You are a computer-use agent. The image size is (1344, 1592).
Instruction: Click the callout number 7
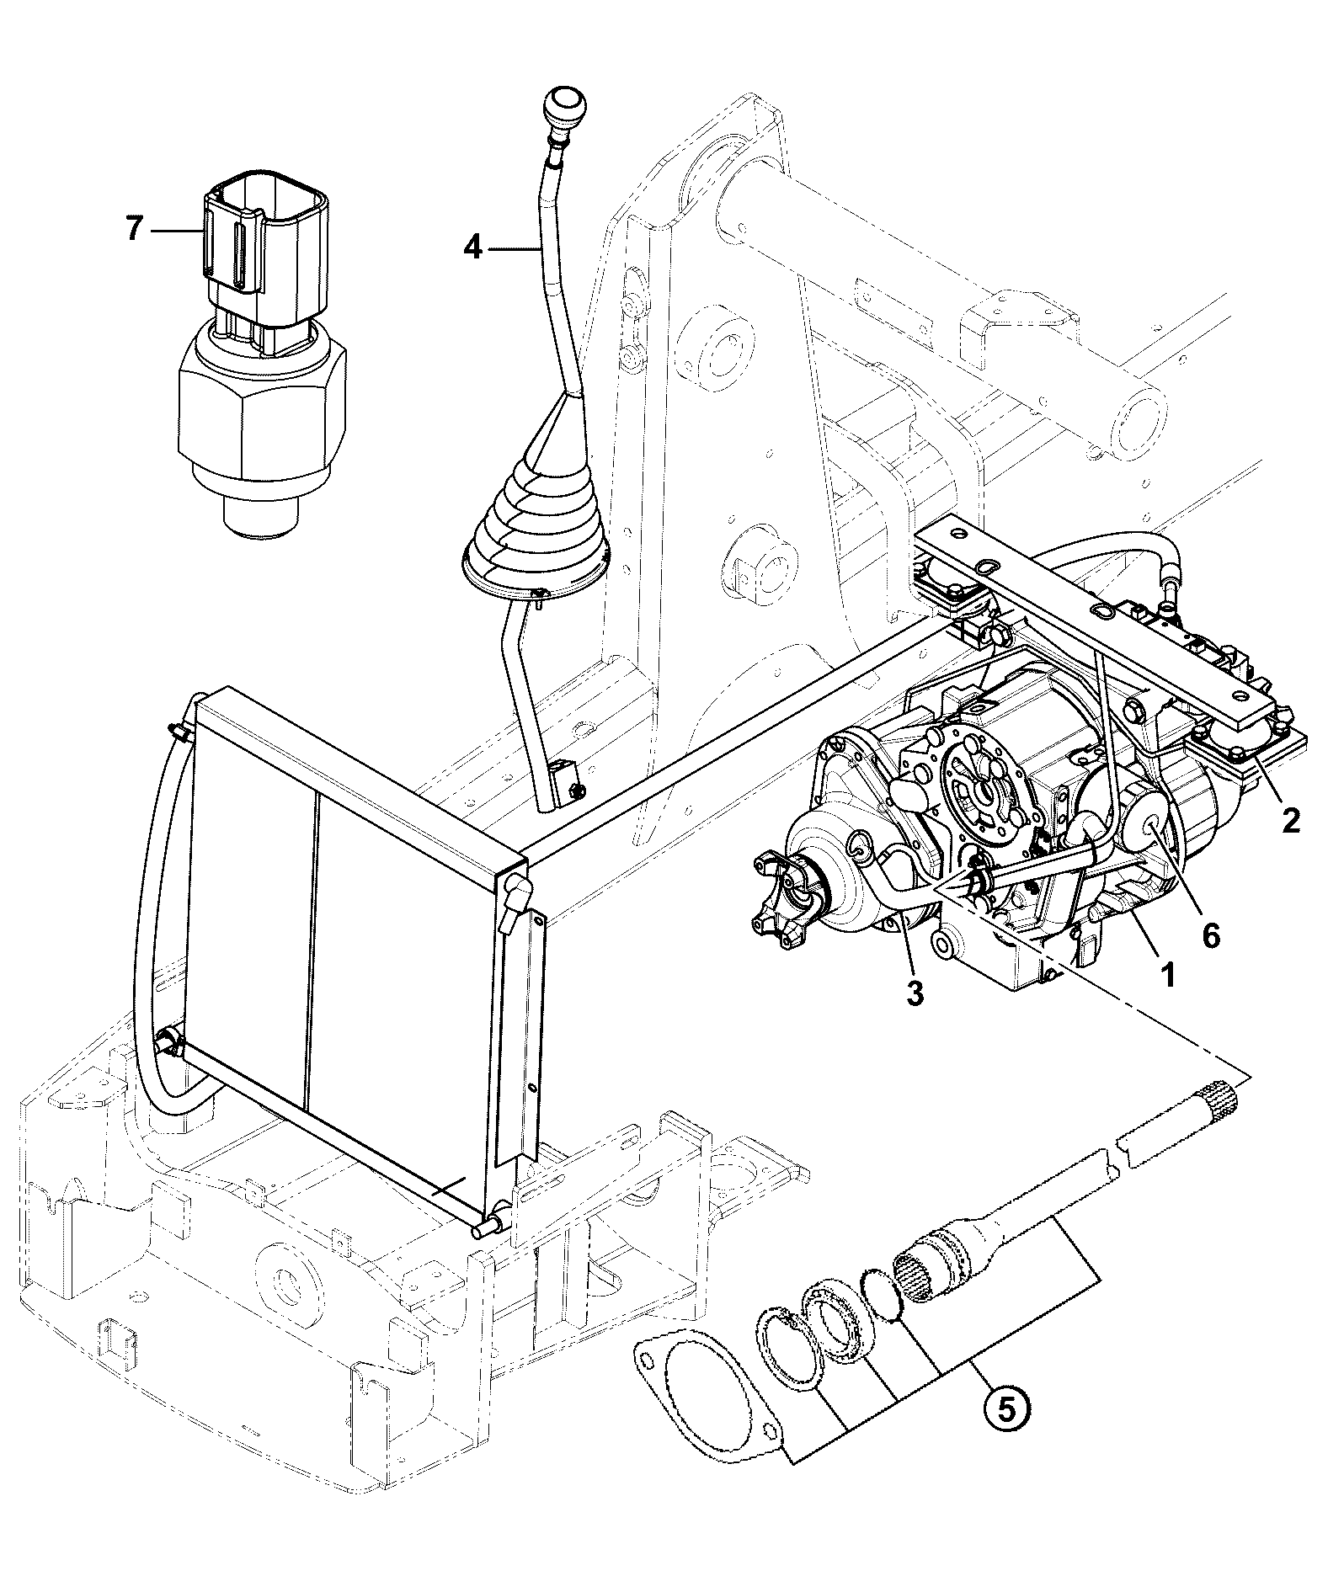click(x=134, y=228)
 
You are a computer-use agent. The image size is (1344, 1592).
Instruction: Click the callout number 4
click(x=474, y=248)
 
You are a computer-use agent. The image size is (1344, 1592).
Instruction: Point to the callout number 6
click(x=1210, y=935)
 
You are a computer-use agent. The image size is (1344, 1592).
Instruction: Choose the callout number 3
click(x=915, y=993)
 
